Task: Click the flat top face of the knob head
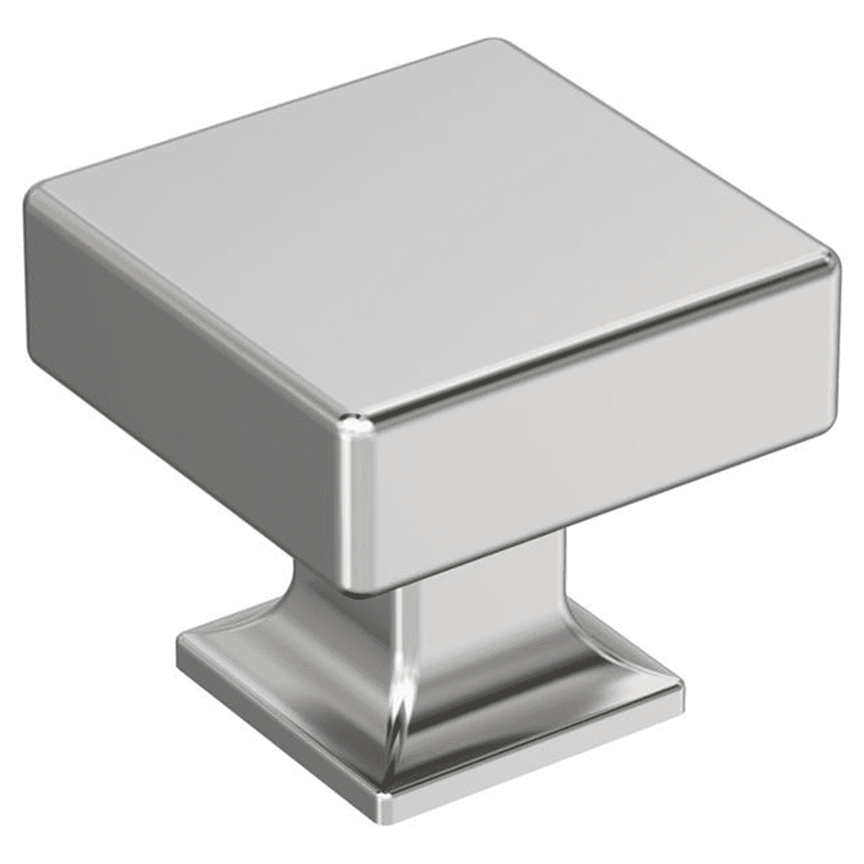click(x=432, y=225)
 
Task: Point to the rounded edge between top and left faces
click(x=190, y=302)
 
